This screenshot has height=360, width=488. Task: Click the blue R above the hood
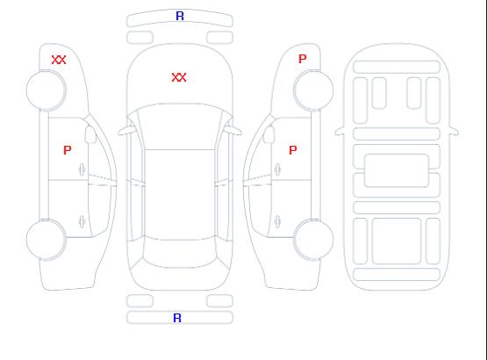click(x=180, y=16)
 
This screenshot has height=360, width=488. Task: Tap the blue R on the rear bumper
click(x=177, y=318)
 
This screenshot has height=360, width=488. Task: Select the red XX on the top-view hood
click(x=179, y=77)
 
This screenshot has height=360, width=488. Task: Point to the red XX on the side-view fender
click(x=59, y=60)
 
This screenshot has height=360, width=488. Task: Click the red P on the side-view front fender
click(x=303, y=59)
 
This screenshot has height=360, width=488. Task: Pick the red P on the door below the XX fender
click(x=68, y=150)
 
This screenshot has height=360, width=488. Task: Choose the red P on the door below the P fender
click(x=293, y=150)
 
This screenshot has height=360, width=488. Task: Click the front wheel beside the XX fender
click(x=46, y=90)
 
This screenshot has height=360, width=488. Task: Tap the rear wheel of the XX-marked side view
click(x=46, y=240)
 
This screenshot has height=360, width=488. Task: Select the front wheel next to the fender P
click(x=313, y=90)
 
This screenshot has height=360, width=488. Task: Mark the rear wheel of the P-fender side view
click(x=313, y=240)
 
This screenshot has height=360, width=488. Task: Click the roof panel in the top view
click(x=180, y=195)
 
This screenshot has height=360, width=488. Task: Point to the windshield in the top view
click(x=180, y=126)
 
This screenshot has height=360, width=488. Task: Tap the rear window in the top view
click(x=180, y=253)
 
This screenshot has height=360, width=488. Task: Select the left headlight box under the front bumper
click(x=140, y=38)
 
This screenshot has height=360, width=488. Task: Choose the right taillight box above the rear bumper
click(x=219, y=301)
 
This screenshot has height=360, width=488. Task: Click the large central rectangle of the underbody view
click(x=397, y=170)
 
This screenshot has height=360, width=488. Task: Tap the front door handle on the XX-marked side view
click(x=83, y=169)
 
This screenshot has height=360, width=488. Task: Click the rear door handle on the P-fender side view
click(x=277, y=221)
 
